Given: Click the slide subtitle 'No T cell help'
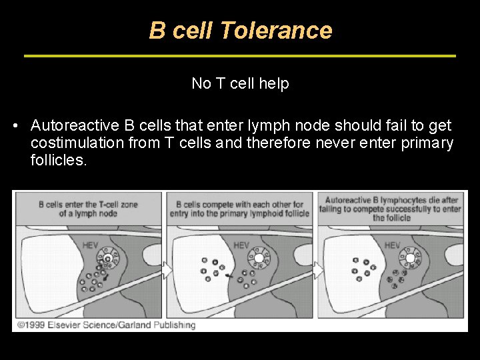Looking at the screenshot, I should (x=240, y=83).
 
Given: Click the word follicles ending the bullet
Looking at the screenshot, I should (x=59, y=160).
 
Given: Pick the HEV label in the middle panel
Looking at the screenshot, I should (x=241, y=245).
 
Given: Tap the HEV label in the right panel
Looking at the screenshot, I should (x=393, y=245).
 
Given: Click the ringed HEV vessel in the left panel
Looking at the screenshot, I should (x=107, y=257).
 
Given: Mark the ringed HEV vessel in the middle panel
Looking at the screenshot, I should (x=258, y=257).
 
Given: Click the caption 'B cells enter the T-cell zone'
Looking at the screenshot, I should (x=88, y=205).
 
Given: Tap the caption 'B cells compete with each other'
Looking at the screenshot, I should (x=239, y=205).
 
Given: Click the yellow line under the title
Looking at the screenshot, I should (x=240, y=55).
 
